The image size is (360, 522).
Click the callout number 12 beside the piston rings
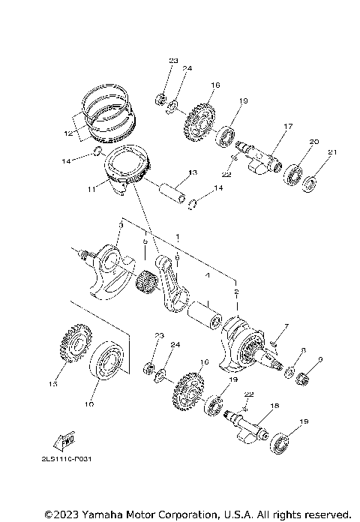(x=68, y=133)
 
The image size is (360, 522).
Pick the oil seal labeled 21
(x=311, y=181)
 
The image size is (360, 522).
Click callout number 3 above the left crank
(x=121, y=224)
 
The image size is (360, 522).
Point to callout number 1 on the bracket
(x=177, y=236)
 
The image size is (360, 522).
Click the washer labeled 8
(x=289, y=371)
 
